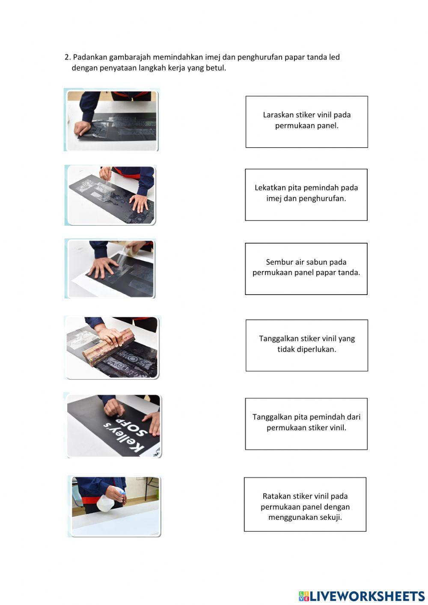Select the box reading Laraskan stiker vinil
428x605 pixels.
[306, 122]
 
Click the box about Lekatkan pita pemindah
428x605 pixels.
[306, 195]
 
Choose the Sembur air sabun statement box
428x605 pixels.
[306, 269]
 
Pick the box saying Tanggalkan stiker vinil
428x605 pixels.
[307, 346]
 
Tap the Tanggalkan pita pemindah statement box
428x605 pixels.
[306, 424]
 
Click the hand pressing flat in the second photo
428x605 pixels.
[139, 202]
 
